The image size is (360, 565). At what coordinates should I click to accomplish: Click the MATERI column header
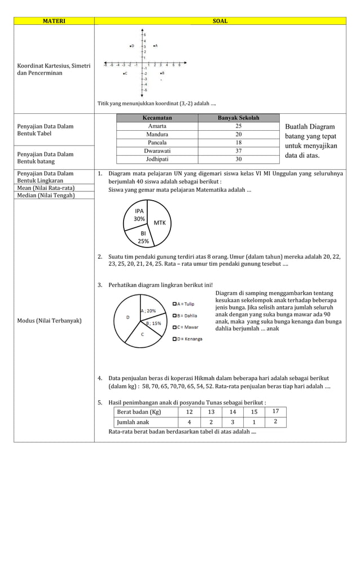tap(54, 21)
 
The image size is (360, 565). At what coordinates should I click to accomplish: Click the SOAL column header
tap(219, 21)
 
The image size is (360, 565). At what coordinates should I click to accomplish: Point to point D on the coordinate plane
tap(131, 46)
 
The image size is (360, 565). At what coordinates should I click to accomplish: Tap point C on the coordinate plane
tap(125, 73)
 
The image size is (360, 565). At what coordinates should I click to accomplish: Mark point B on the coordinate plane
tap(161, 73)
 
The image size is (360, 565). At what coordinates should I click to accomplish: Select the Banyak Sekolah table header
tap(238, 118)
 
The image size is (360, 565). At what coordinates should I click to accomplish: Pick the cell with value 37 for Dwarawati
tap(238, 151)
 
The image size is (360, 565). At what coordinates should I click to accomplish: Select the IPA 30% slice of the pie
tap(138, 215)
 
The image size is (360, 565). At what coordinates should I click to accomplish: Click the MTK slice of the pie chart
tap(160, 223)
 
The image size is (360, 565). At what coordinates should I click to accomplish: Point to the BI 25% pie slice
tap(143, 237)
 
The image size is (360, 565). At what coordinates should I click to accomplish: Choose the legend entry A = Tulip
tap(185, 304)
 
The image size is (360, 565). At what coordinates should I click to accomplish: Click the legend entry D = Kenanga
tap(187, 339)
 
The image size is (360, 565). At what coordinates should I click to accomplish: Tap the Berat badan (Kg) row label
tap(139, 412)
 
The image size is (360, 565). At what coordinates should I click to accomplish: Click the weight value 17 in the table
tap(275, 411)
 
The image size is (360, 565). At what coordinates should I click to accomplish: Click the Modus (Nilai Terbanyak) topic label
tap(49, 320)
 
